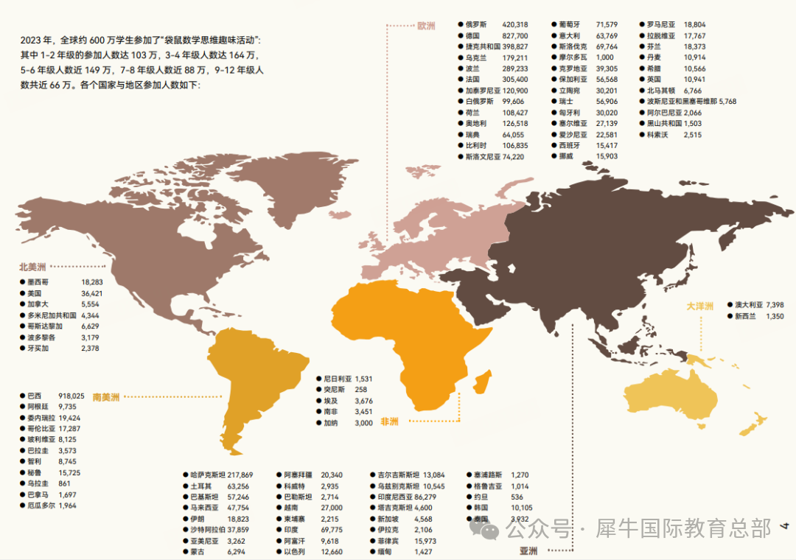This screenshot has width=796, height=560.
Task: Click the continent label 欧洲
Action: pos(426,27)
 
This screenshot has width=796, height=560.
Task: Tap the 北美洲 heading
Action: pos(32,267)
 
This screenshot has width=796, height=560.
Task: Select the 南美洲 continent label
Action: pos(106,397)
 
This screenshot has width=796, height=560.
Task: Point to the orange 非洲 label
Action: pos(389,422)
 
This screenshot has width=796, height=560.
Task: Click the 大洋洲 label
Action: pos(700,306)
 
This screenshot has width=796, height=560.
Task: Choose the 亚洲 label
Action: pos(528,550)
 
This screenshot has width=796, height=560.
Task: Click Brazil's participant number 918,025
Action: pos(71,395)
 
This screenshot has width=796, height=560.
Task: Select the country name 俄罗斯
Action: pos(476,24)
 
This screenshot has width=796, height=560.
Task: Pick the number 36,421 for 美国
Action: pos(92,293)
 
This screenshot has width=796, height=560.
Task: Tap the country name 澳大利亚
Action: pos(748,304)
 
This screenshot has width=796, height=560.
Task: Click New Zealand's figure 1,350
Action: pos(775,316)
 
